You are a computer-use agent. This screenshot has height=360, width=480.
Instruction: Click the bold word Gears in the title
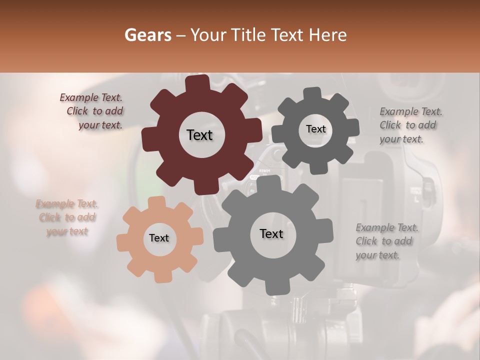[147, 35]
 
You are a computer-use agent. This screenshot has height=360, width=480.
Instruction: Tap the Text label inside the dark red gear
[199, 135]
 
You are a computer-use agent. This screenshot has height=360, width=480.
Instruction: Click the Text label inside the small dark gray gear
[315, 129]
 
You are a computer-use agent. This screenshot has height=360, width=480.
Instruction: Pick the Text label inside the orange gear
[159, 238]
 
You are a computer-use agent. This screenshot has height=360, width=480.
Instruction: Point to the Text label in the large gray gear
[271, 233]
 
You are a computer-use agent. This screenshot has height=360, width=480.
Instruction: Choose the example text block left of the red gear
[92, 111]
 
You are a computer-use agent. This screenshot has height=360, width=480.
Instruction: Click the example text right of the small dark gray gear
[410, 125]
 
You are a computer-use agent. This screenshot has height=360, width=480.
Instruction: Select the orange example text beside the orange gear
[67, 217]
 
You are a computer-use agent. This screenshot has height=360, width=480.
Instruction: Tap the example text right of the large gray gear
[386, 241]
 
